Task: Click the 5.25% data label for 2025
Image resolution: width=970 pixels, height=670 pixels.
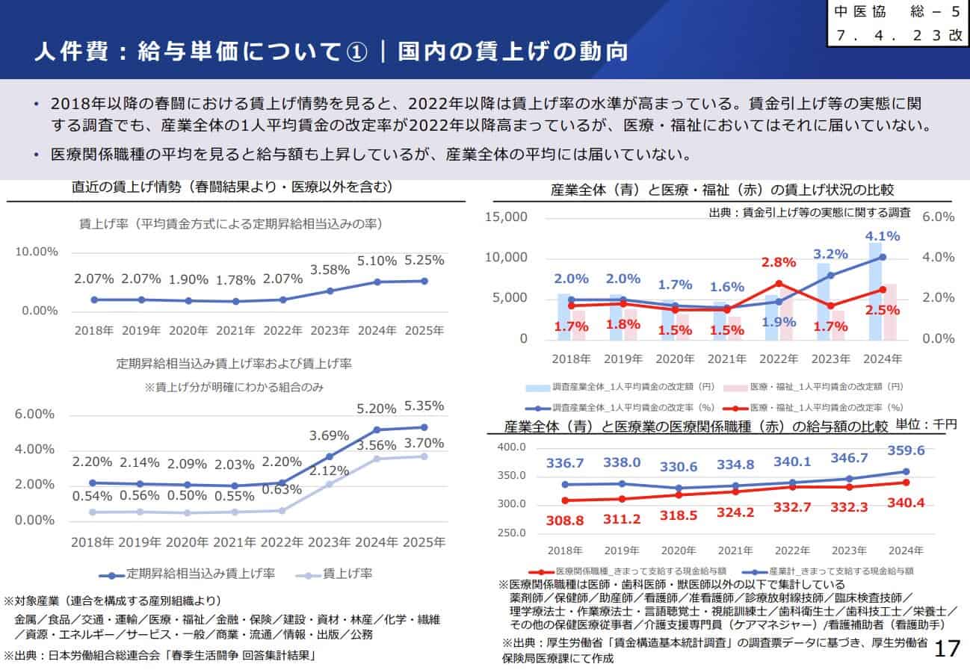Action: [x=424, y=261]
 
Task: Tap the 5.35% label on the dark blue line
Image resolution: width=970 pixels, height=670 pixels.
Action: [x=424, y=406]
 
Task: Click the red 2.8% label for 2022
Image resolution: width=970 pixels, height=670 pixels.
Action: [x=779, y=263]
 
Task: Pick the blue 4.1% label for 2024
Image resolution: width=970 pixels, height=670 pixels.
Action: [x=883, y=236]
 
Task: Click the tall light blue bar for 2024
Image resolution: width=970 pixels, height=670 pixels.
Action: [x=874, y=291]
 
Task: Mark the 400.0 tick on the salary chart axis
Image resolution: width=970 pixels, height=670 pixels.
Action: [x=513, y=447]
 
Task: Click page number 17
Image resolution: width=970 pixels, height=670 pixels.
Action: [x=947, y=648]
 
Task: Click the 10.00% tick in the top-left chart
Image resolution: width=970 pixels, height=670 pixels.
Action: [x=37, y=252]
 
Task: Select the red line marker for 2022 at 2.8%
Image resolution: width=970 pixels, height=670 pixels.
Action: [x=779, y=283]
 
